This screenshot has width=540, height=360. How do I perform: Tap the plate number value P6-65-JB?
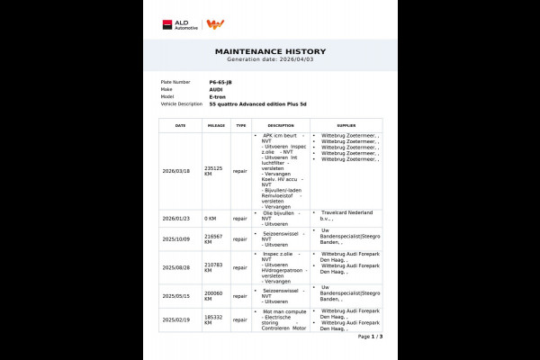click(220, 82)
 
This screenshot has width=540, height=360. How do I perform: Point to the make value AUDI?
click(216, 89)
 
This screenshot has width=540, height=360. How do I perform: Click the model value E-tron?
click(218, 96)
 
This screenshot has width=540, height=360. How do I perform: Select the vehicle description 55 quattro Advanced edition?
click(267, 103)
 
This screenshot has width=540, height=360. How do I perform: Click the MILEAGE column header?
click(215, 125)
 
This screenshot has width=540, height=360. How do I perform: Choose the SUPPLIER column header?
click(346, 125)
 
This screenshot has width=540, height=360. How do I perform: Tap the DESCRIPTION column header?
click(281, 125)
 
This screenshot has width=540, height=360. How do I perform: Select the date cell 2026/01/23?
click(175, 218)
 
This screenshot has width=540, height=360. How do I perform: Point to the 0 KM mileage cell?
click(211, 218)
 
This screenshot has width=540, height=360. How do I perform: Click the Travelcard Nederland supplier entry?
click(346, 215)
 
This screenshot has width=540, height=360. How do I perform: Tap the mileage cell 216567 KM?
click(214, 239)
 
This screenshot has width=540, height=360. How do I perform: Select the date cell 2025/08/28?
click(175, 267)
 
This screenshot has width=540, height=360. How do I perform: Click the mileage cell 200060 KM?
click(214, 294)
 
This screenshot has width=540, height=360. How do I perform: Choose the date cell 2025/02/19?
click(175, 319)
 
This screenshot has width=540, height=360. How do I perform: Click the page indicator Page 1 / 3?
click(370, 336)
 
